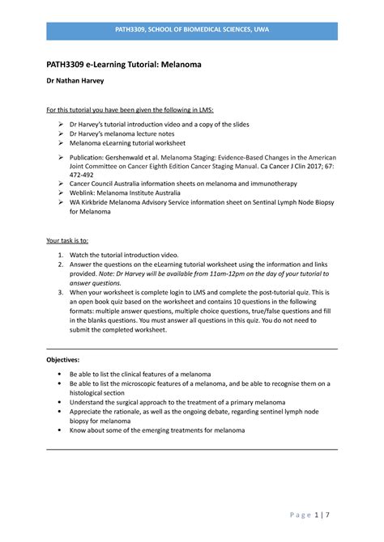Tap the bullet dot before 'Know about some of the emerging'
[61, 430]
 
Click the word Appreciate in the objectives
[89, 412]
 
